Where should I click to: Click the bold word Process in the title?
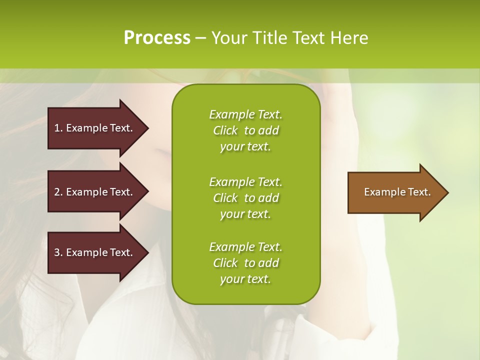click(157, 38)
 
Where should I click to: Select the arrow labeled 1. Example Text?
click(95, 128)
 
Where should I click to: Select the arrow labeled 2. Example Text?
click(95, 192)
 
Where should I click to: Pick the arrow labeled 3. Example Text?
click(95, 252)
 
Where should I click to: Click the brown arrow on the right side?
click(395, 192)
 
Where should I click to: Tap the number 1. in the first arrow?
click(58, 128)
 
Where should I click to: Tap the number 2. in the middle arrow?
click(58, 192)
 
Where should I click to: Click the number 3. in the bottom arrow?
click(58, 252)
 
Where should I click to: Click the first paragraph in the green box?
click(245, 130)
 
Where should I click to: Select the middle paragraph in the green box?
click(245, 198)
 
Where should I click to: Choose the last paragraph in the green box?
click(245, 263)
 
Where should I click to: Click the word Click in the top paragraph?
click(225, 130)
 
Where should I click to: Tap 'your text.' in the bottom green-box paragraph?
click(245, 279)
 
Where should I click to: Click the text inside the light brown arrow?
click(397, 192)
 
